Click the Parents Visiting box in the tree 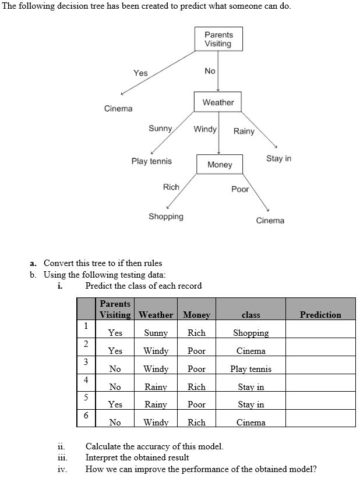tap(218, 39)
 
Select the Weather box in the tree tap(218, 102)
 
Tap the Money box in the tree tap(220, 165)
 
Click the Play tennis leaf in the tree tap(151, 161)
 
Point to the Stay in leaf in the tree tap(278, 158)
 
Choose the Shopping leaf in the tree tap(165, 217)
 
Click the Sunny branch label tap(160, 128)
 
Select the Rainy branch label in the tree tap(243, 132)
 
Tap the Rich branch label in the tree tap(171, 187)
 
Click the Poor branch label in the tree tap(240, 189)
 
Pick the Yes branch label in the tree tap(140, 73)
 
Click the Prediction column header tap(320, 315)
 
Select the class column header tap(250, 315)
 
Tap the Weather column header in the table tap(156, 315)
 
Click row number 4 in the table tap(86, 380)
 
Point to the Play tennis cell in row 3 tap(250, 369)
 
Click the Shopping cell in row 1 tap(250, 333)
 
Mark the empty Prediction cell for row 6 tap(320, 418)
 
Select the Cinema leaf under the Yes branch tap(118, 109)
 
